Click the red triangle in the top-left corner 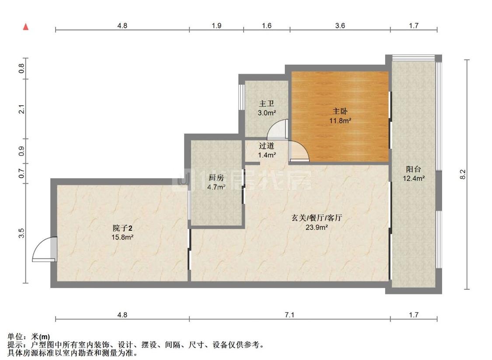pyautogui.click(x=26, y=27)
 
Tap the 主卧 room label pyautogui.click(x=341, y=111)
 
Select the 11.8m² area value pyautogui.click(x=341, y=121)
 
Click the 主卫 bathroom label pyautogui.click(x=266, y=104)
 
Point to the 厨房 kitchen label pyautogui.click(x=216, y=178)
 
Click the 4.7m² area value pyautogui.click(x=216, y=187)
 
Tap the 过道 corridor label pyautogui.click(x=266, y=146)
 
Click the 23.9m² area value pyautogui.click(x=317, y=227)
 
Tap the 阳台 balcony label pyautogui.click(x=413, y=169)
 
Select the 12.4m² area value pyautogui.click(x=413, y=178)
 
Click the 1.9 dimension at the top pyautogui.click(x=216, y=26)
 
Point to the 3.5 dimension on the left pyautogui.click(x=21, y=233)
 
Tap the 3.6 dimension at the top pyautogui.click(x=340, y=26)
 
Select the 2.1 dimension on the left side pyautogui.click(x=21, y=109)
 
